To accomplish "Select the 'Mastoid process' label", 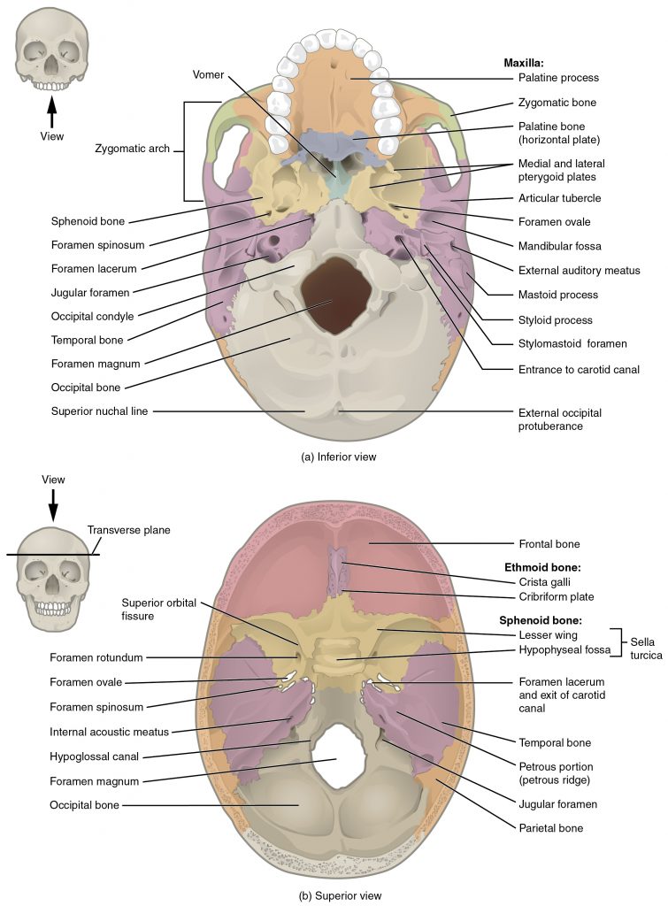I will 557,295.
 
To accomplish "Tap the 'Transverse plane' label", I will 128,530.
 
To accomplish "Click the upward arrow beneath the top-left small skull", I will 51,113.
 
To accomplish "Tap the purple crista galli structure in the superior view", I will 335,570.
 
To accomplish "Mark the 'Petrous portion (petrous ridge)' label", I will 557,772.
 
